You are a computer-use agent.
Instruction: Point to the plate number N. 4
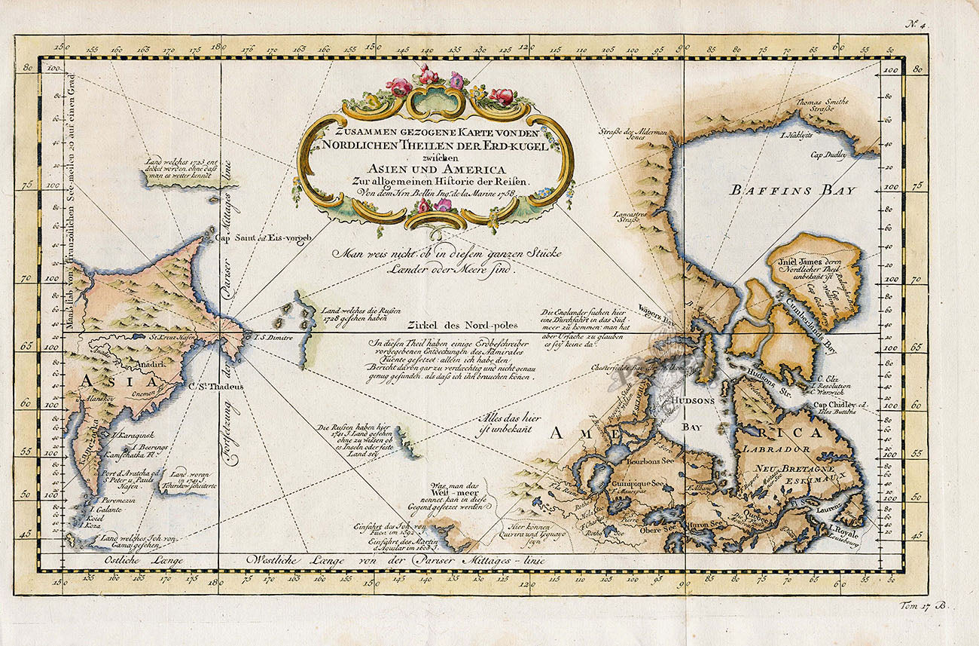pos(918,25)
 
